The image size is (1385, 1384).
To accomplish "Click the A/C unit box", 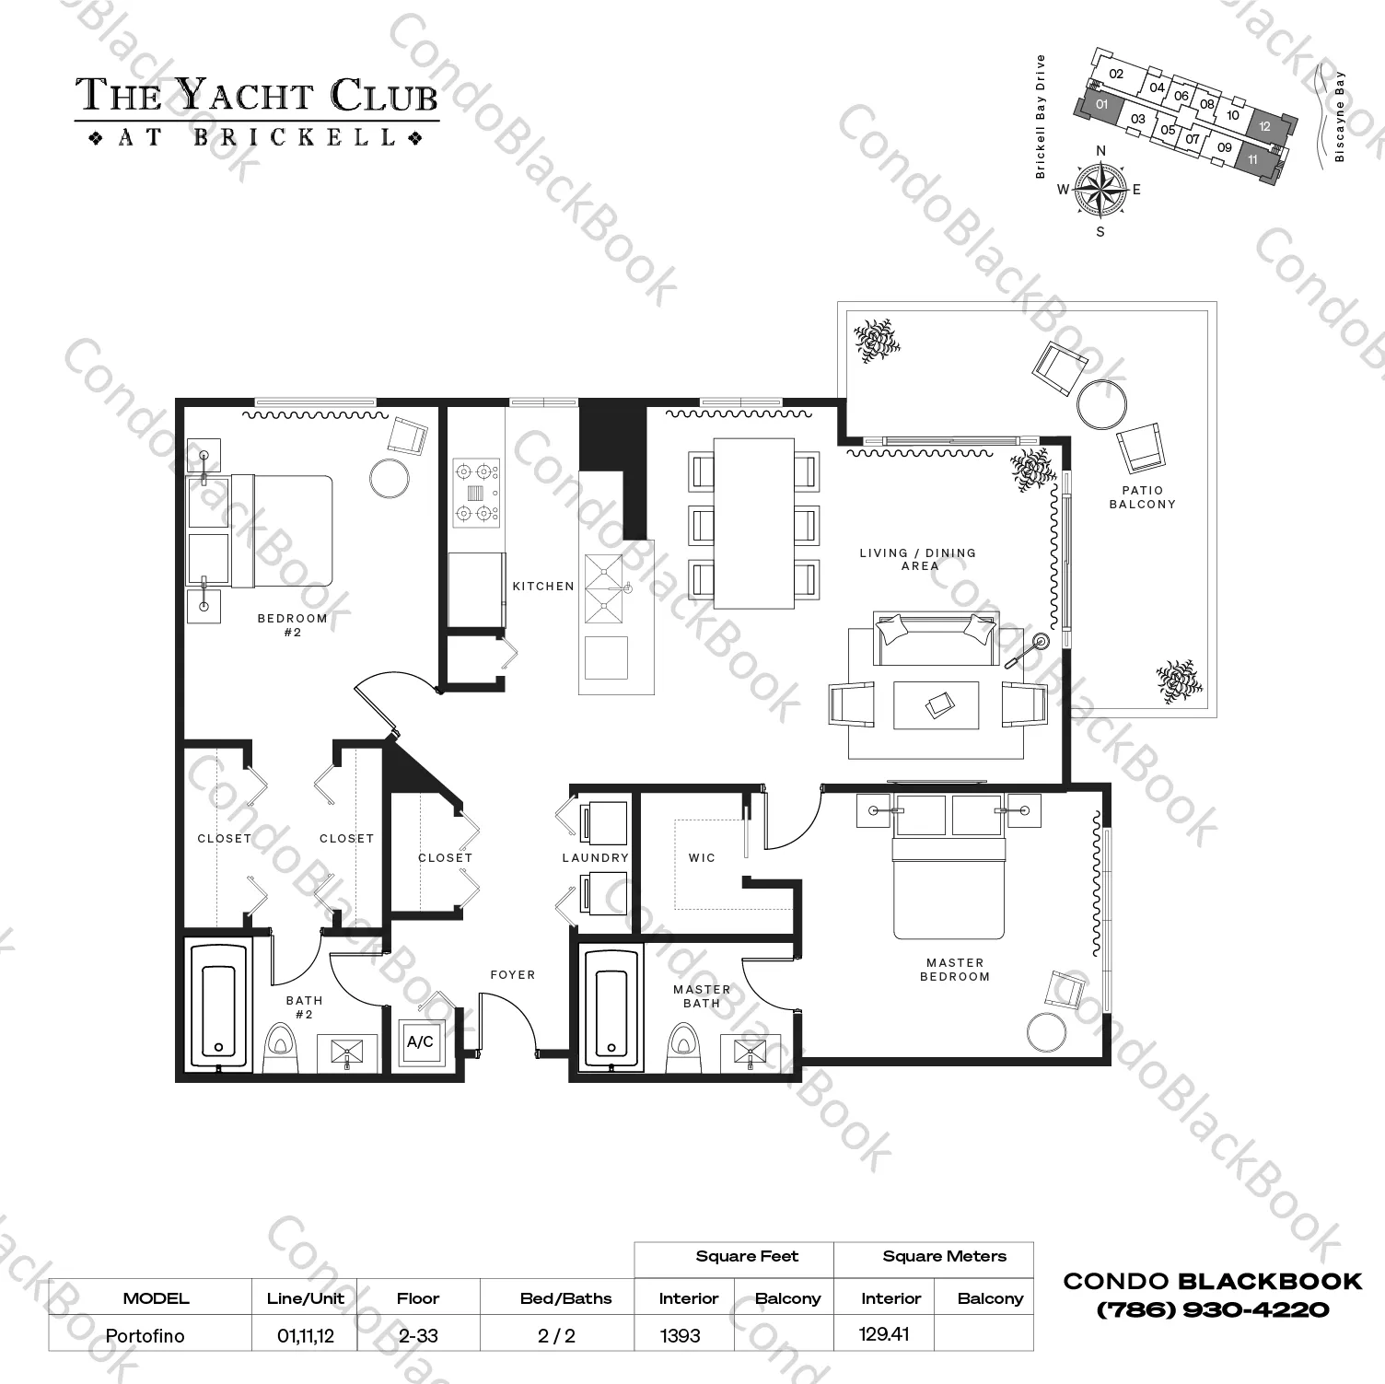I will [x=420, y=1042].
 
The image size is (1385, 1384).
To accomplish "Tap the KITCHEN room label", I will [x=543, y=587].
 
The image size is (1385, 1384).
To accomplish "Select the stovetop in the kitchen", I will [x=476, y=494].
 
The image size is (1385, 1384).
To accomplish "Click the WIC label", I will [x=702, y=858].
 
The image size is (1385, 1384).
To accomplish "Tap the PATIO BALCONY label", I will [x=1142, y=497].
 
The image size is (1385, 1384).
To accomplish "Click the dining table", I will [x=754, y=523].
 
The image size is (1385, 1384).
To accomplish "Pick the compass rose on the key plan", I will [x=1100, y=190].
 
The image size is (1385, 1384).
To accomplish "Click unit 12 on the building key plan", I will [x=1265, y=126].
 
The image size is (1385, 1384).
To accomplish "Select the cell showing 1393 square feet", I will [x=681, y=1335].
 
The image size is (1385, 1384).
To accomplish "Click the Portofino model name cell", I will [x=145, y=1335].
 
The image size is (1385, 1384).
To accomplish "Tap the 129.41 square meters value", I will [x=884, y=1333].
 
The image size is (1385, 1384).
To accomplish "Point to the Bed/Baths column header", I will [x=565, y=1298].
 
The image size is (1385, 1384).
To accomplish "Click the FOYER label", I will [x=512, y=975].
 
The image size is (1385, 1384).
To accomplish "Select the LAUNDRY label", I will [x=595, y=858].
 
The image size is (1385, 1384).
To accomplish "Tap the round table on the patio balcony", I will [x=1101, y=403].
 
